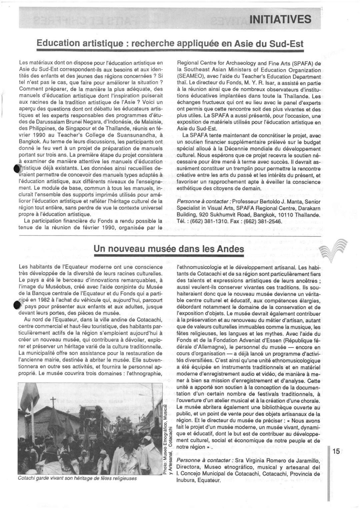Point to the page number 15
(336, 451)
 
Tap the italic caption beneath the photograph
(77, 478)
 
